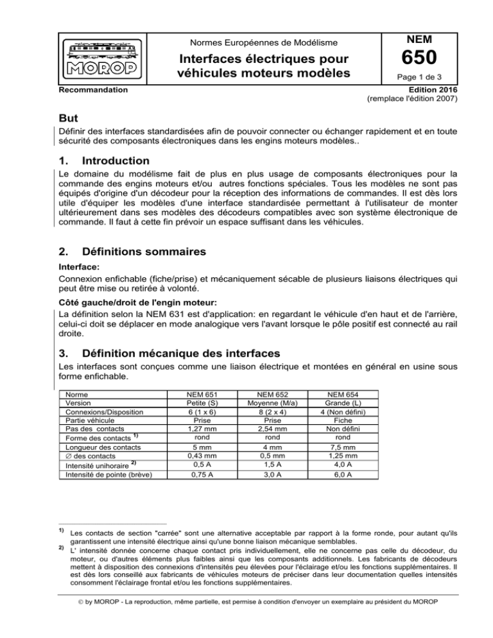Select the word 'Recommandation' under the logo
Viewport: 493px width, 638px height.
89,92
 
